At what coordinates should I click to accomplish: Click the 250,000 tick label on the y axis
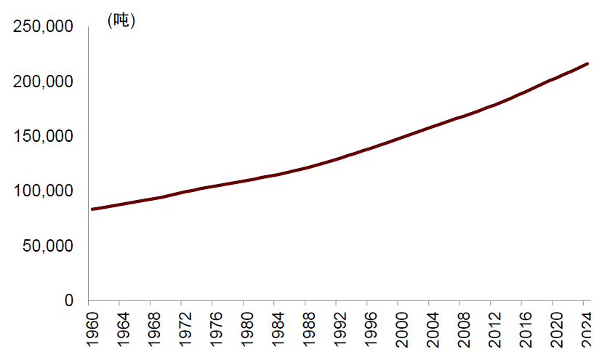[44, 27]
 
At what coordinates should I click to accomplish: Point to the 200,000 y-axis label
[44, 81]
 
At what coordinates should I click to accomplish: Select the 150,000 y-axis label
[44, 136]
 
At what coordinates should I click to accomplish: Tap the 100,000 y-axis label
[44, 191]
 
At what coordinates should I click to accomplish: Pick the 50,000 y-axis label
[48, 246]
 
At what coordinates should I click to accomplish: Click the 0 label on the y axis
[69, 300]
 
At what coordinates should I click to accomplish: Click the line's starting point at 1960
[92, 209]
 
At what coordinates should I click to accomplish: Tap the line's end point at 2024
[587, 64]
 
